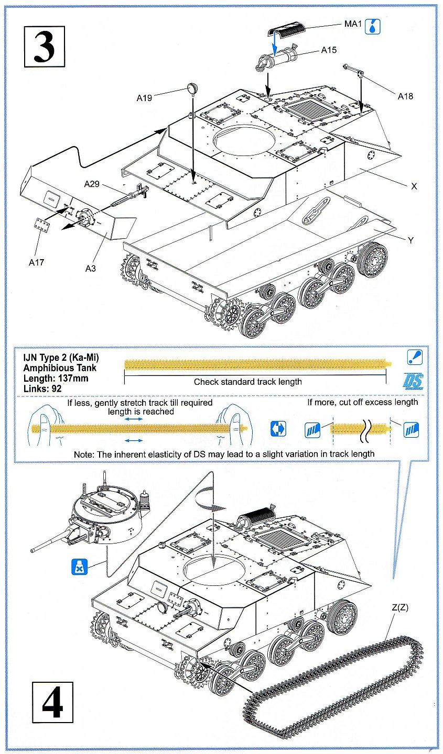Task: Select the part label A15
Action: click(x=329, y=50)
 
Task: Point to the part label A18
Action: click(x=405, y=96)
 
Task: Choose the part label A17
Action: click(x=37, y=262)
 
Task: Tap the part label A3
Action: click(x=91, y=268)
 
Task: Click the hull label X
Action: click(x=414, y=186)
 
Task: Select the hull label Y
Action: click(x=410, y=240)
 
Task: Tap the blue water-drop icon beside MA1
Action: click(x=372, y=26)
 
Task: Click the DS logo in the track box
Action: click(x=413, y=381)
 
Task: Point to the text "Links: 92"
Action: click(x=42, y=389)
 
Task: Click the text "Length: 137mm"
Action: click(x=56, y=379)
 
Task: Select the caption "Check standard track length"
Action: click(x=247, y=382)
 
